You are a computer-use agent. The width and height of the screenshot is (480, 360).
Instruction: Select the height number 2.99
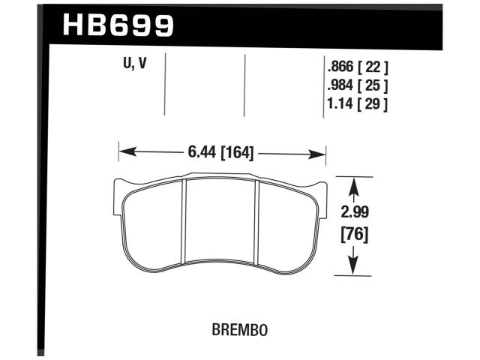(x=352, y=212)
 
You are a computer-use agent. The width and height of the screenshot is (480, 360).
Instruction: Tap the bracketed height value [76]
(x=352, y=234)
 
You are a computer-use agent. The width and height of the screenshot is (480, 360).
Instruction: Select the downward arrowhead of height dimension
(x=352, y=268)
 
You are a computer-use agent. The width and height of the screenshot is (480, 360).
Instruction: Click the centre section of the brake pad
(x=221, y=221)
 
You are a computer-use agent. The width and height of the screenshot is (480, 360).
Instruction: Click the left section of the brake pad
(x=154, y=221)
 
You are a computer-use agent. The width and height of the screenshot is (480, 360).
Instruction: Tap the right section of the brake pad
(x=289, y=221)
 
